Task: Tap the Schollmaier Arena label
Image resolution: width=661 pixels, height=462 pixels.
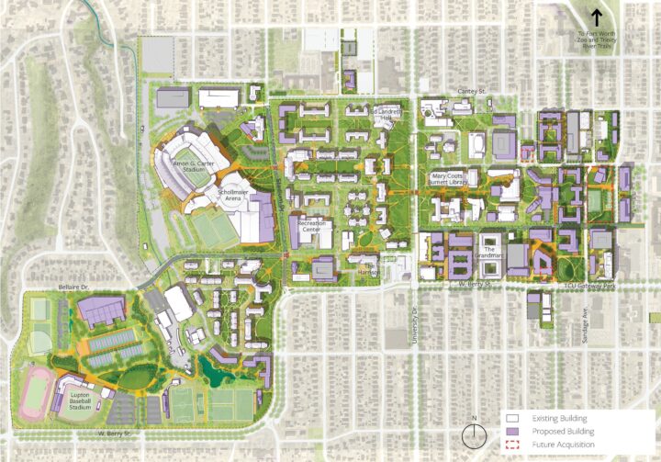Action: [x=236, y=196]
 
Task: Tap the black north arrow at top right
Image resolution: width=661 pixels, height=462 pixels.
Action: [x=596, y=17]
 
